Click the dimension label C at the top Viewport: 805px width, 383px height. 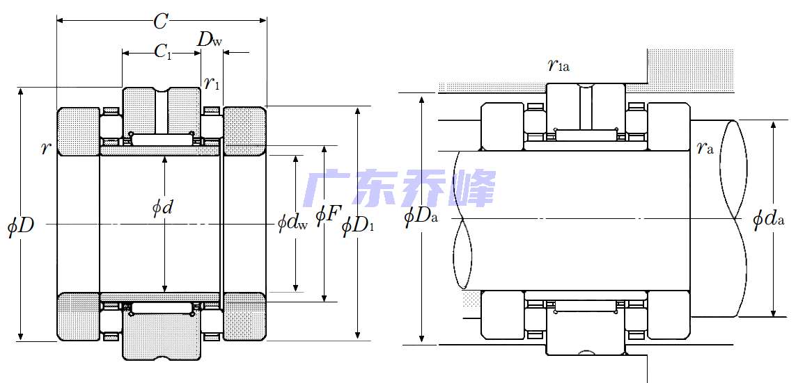click(161, 22)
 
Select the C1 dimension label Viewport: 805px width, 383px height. click(162, 51)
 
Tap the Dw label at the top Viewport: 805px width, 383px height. click(210, 40)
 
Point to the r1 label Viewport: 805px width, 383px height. click(212, 84)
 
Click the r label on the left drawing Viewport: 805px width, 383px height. click(46, 147)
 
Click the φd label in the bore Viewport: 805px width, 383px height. click(162, 208)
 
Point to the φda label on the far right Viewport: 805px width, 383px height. click(769, 219)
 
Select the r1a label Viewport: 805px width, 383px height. click(558, 66)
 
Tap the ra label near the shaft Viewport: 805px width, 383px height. click(705, 147)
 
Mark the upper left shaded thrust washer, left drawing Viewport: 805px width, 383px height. click(78, 131)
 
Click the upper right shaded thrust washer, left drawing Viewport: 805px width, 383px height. click(244, 131)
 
